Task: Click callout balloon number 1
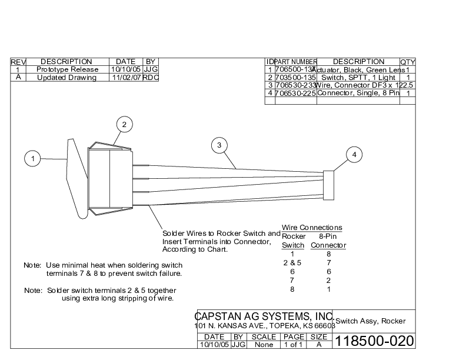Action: click(34, 158)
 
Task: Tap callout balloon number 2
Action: click(124, 124)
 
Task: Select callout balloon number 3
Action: click(219, 145)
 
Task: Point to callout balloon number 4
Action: click(354, 155)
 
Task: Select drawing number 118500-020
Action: click(374, 341)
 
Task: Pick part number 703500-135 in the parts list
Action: click(296, 77)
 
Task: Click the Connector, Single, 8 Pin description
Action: click(358, 93)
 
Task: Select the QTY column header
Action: click(408, 62)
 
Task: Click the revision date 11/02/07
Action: click(126, 78)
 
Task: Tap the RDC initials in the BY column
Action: click(151, 78)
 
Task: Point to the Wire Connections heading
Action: click(312, 228)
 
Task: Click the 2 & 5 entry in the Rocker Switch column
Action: click(292, 263)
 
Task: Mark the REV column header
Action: click(18, 62)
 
